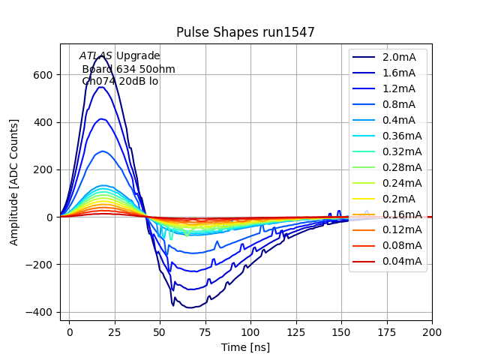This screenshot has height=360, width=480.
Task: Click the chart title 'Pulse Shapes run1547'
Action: pyautogui.click(x=245, y=32)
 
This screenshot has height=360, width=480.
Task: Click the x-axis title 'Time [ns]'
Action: pyautogui.click(x=245, y=347)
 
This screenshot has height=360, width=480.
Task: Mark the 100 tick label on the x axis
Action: pyautogui.click(x=250, y=331)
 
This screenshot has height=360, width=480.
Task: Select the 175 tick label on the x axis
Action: pyautogui.click(x=386, y=331)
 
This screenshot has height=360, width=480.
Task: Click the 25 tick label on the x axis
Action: pyautogui.click(x=115, y=331)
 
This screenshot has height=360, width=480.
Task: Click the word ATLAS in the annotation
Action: pyautogui.click(x=96, y=55)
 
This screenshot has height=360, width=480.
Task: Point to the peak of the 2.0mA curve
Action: pyautogui.click(x=100, y=55)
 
